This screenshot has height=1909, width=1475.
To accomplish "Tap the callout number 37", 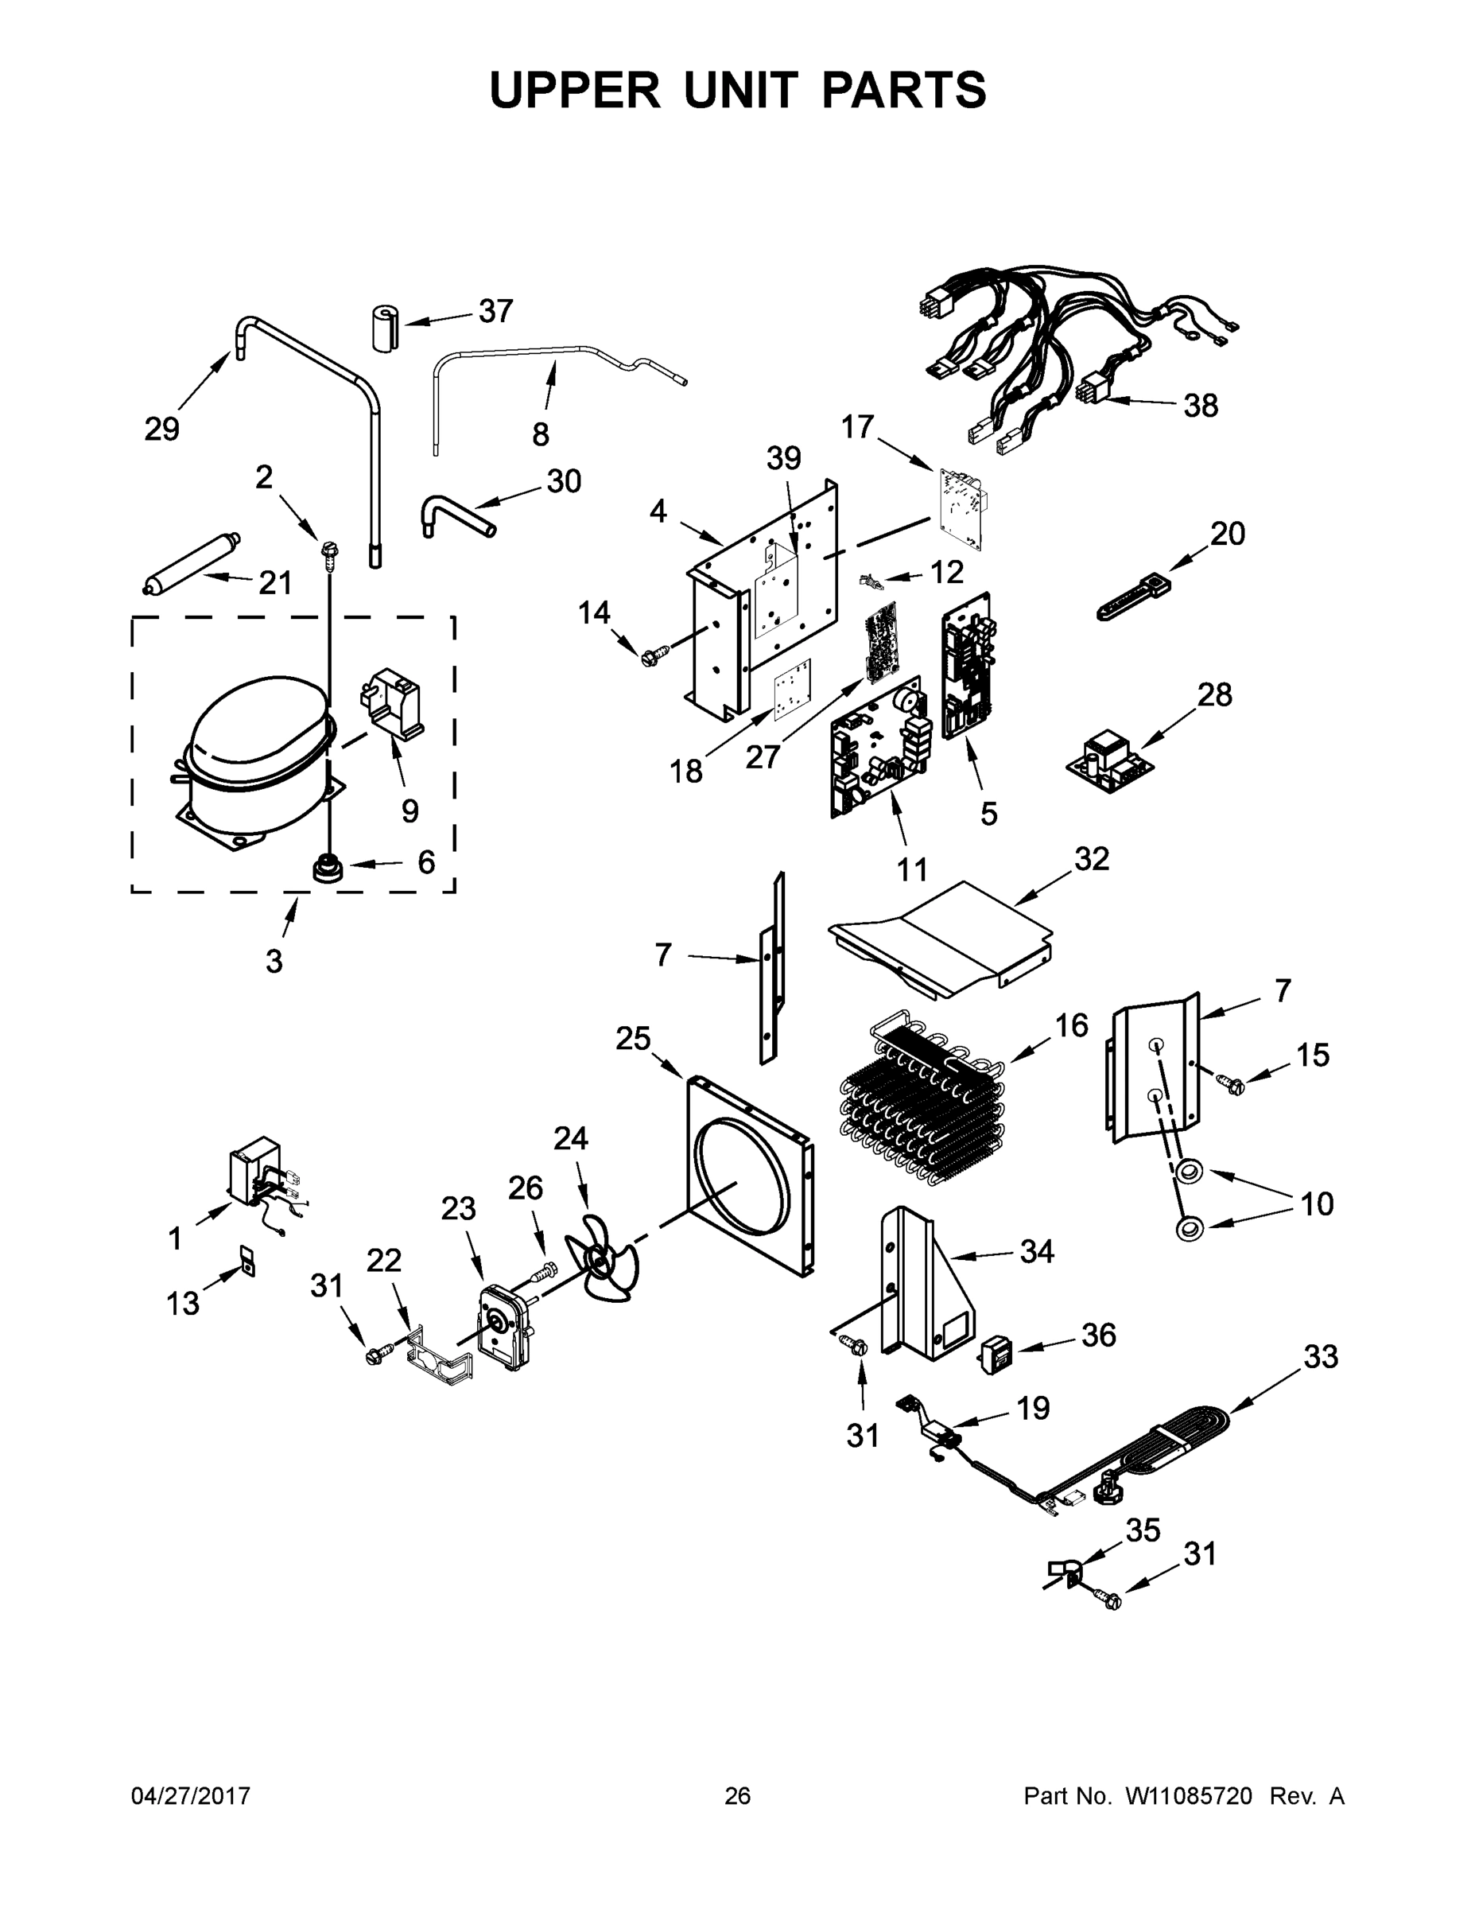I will pos(495,312).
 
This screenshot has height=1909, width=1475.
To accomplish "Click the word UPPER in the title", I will pos(575,90).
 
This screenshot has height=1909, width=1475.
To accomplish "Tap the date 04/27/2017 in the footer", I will pos(191,1795).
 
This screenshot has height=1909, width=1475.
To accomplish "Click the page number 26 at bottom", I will pos(738,1795).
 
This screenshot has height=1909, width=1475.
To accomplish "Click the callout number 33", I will pos(1320,1358).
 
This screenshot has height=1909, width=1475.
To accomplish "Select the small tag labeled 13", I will pos(248,1263).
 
